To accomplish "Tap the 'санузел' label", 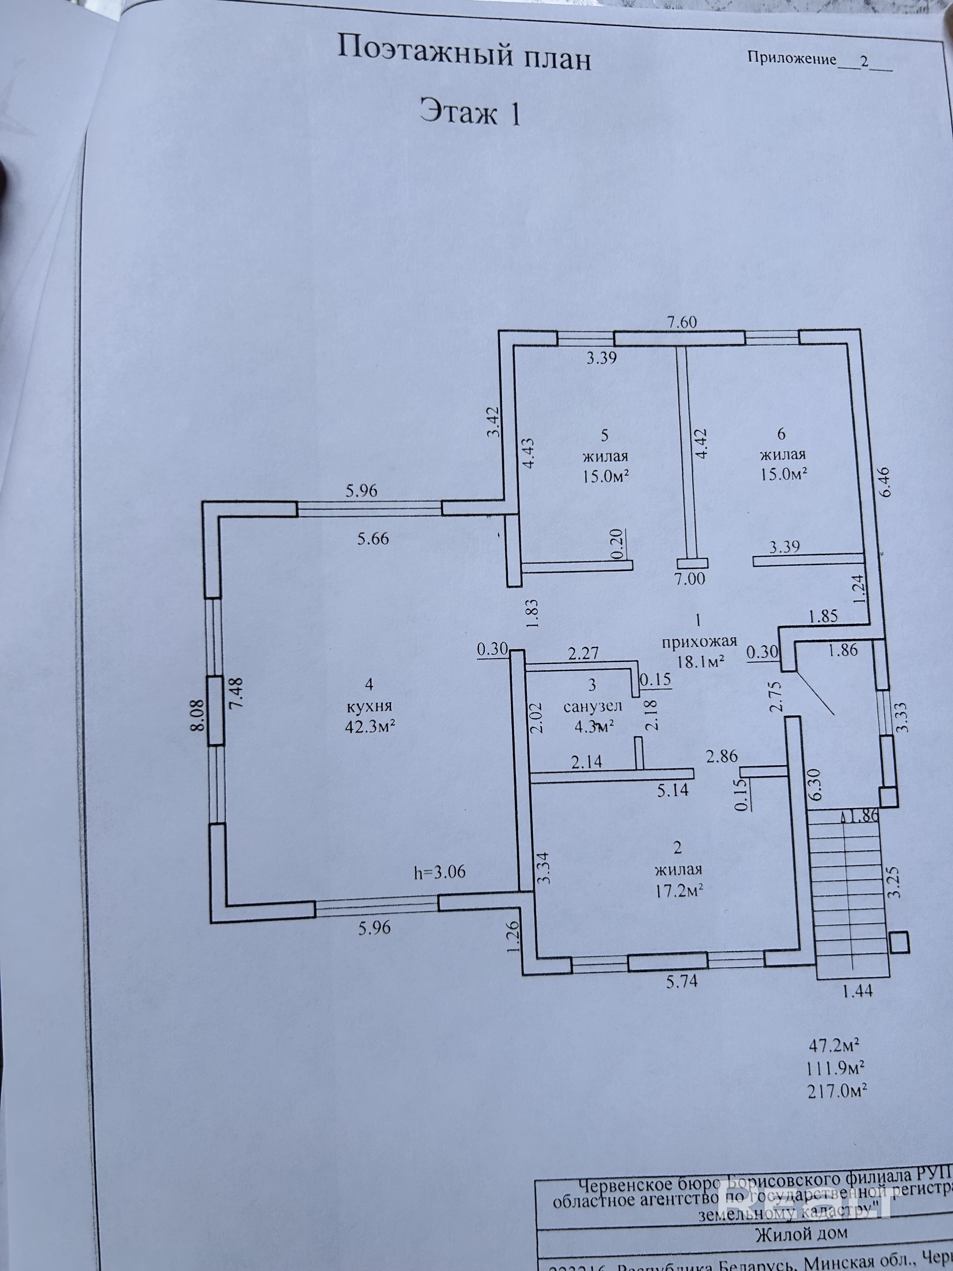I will pos(592,705).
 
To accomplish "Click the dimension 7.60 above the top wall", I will pos(682,322).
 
